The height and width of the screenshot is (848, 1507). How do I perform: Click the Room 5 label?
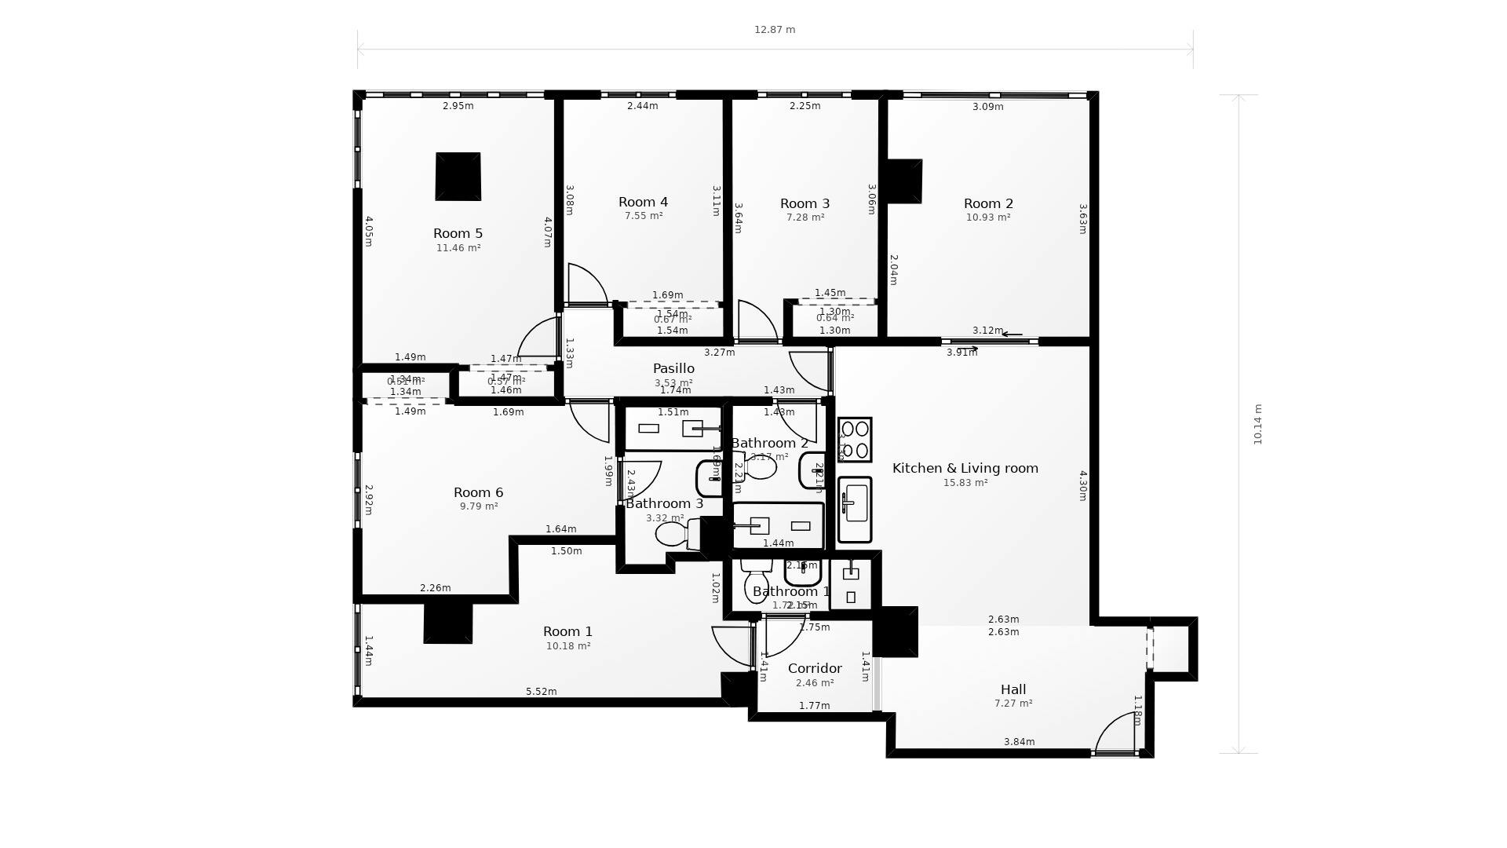(458, 233)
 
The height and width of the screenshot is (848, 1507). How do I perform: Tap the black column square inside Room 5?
(458, 177)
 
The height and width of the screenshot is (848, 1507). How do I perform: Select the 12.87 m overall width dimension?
(775, 30)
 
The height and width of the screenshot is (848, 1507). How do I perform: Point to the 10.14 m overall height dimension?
(1257, 424)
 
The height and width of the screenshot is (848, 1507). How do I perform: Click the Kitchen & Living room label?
(965, 468)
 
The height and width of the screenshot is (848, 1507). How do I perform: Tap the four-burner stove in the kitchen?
(855, 440)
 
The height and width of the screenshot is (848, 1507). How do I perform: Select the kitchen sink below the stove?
(855, 509)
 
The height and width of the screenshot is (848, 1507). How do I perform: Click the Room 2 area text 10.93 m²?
(988, 217)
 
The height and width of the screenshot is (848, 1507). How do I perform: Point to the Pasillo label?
(673, 368)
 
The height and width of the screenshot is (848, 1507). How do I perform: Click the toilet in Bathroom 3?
(673, 535)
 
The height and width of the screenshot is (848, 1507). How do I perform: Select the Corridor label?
(815, 668)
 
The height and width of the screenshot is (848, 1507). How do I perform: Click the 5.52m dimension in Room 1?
(541, 692)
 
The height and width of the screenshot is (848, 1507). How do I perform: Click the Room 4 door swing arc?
(589, 284)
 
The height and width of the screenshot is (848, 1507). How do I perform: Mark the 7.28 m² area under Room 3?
(805, 217)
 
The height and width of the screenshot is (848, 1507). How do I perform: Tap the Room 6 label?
(478, 492)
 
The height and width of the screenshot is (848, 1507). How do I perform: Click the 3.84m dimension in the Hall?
(1019, 742)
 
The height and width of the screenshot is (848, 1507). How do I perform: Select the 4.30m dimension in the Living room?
(1082, 485)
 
